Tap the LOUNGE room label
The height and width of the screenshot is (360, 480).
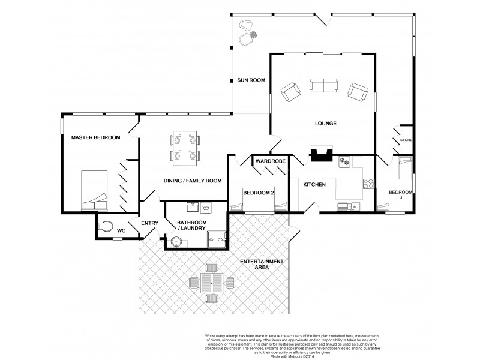(324, 124)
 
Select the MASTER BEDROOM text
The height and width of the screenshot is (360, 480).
(95, 137)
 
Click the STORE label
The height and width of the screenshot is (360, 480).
(406, 140)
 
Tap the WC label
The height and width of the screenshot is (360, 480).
(121, 230)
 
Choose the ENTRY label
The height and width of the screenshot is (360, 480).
(149, 224)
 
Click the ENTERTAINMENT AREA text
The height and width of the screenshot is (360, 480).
(260, 265)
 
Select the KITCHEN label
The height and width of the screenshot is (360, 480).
(314, 184)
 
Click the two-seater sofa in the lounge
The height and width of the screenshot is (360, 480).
(323, 86)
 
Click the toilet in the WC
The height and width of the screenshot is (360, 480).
(106, 226)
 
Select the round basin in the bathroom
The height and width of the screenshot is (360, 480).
(175, 242)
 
